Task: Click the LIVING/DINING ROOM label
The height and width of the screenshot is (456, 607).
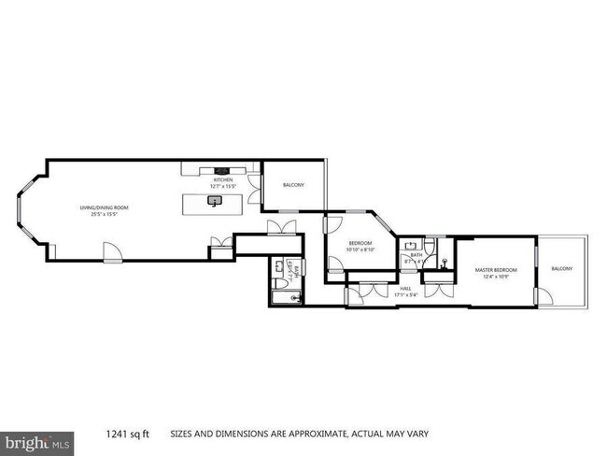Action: point(103,207)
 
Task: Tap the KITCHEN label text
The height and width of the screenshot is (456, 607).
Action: point(223,179)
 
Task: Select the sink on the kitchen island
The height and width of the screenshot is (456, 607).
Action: point(217,200)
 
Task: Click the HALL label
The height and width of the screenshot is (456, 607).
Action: point(407,289)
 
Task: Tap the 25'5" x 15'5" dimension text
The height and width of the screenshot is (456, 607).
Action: point(103,214)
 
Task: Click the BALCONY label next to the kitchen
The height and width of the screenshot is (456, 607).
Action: point(293,185)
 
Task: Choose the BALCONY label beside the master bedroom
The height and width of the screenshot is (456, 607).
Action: point(562,269)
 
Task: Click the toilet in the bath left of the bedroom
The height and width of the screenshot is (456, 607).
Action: point(280,283)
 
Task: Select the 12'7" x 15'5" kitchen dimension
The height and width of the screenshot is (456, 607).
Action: point(223,186)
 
